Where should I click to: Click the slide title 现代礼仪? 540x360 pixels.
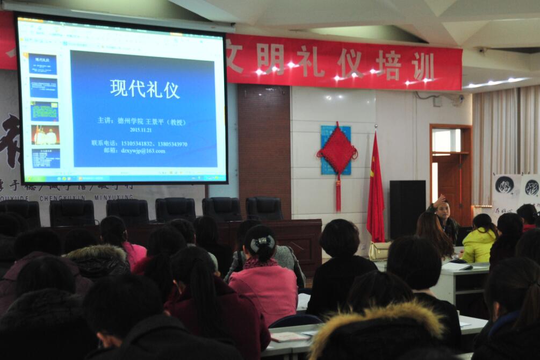(x=145, y=89)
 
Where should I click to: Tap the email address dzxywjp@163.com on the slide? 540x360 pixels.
(x=142, y=151)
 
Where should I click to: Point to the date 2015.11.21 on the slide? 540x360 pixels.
(x=141, y=129)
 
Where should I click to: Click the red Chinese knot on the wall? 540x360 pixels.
(x=337, y=152)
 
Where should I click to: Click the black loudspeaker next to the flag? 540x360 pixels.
(x=407, y=210)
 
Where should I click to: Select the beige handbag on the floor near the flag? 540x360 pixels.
(x=379, y=250)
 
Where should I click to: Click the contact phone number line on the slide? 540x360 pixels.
(x=139, y=143)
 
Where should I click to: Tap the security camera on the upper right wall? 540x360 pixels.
(x=459, y=98)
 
